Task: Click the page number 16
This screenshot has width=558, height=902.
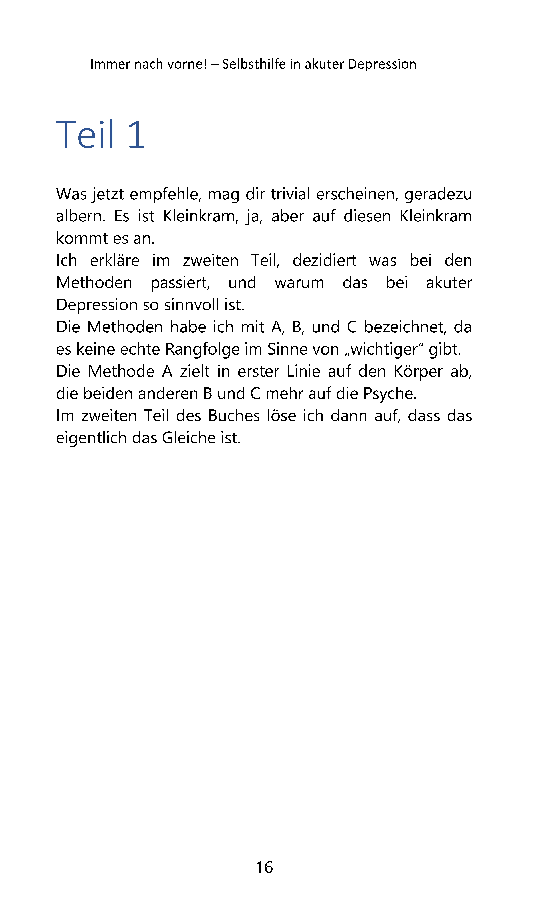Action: [x=264, y=867]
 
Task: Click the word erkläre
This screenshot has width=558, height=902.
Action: [x=115, y=261]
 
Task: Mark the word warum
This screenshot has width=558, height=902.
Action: [x=299, y=283]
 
